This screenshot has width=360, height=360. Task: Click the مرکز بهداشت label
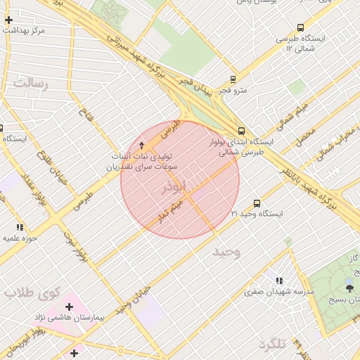[x=24, y=31]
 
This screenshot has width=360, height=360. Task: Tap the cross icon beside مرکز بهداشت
[x=8, y=20]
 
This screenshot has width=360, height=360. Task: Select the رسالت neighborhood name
[x=29, y=84]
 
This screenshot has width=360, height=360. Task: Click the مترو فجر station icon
[x=233, y=79]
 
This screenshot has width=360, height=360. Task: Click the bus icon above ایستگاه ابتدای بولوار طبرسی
[x=241, y=131]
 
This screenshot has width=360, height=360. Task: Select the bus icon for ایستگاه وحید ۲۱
[x=256, y=202]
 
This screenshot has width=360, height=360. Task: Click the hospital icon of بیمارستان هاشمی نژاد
[x=69, y=307]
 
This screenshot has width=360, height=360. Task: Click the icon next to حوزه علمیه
[x=20, y=227]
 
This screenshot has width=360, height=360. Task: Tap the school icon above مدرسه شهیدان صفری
[x=280, y=280]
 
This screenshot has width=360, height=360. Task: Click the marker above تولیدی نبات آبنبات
[x=143, y=144]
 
